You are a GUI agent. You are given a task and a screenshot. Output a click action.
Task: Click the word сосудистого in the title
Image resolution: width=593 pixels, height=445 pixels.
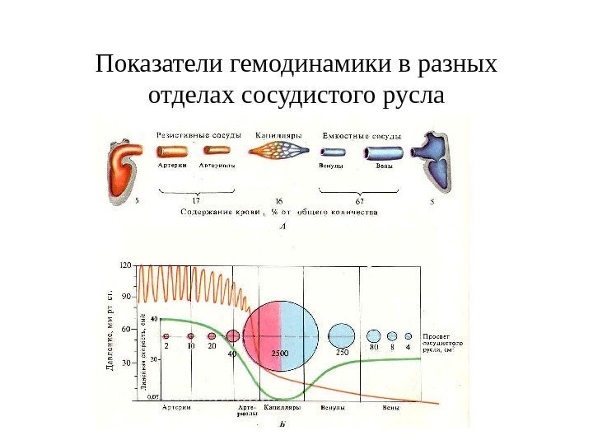(x=312, y=96)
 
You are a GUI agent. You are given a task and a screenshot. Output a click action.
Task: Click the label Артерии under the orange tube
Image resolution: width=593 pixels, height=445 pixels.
(x=173, y=165)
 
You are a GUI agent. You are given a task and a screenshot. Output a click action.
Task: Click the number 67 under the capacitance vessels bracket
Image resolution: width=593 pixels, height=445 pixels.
(x=360, y=199)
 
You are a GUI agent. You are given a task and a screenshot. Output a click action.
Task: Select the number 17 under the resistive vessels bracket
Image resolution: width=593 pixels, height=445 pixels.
(x=196, y=199)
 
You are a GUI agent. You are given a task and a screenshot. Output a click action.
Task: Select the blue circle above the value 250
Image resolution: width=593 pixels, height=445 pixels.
(x=341, y=335)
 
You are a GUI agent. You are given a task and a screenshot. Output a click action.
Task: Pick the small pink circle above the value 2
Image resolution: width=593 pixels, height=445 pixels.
(x=166, y=336)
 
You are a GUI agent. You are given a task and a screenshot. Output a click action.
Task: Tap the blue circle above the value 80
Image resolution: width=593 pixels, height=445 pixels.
(x=374, y=335)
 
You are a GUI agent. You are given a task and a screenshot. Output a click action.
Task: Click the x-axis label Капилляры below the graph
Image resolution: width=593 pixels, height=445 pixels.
(x=282, y=407)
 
